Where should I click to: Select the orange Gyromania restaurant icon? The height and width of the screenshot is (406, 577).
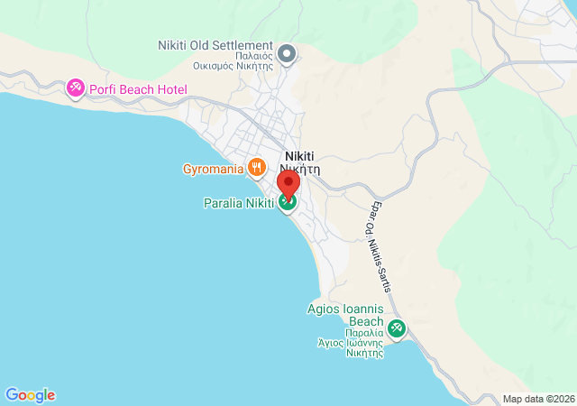[257, 166]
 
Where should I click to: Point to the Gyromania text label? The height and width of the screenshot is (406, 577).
[212, 169]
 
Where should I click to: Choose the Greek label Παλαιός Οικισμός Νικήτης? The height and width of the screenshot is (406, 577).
[233, 60]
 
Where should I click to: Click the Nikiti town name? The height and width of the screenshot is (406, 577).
[299, 155]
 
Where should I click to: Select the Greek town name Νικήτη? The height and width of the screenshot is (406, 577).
[299, 168]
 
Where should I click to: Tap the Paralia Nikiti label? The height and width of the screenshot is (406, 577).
[238, 203]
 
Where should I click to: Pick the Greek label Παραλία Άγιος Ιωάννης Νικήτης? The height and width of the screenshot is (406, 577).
[350, 343]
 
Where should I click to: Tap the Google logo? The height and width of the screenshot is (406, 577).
[30, 395]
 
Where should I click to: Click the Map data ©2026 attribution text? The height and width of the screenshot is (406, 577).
[538, 399]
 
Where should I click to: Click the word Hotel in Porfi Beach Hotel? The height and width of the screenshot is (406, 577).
[169, 89]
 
